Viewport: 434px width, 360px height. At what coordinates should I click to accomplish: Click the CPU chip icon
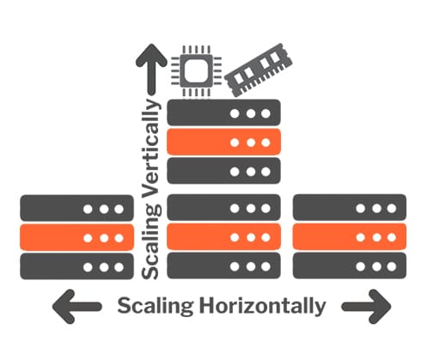tap(197, 70)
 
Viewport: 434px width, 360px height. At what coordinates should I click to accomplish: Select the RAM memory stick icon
tap(258, 70)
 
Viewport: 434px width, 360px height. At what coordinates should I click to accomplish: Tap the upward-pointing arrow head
tap(151, 56)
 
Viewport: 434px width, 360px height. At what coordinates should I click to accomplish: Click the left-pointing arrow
tap(76, 307)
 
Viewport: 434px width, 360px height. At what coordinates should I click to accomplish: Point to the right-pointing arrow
tap(366, 307)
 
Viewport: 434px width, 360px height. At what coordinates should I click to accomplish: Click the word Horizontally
tap(263, 307)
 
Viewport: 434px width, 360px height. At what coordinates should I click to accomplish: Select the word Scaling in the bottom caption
tap(156, 307)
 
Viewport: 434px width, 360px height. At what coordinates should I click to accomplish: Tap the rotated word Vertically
tap(151, 148)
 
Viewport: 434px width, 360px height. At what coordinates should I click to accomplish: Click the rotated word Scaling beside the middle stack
tap(151, 241)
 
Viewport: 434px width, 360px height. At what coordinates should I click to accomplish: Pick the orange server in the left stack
tap(76, 237)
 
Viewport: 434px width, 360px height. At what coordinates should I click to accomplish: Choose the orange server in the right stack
tap(350, 237)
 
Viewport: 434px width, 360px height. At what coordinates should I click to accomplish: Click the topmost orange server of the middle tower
tap(223, 142)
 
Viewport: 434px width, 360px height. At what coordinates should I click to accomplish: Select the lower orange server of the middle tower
tap(223, 237)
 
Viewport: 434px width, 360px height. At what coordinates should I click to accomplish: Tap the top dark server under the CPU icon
tap(223, 113)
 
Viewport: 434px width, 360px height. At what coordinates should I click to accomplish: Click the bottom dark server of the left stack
tap(76, 266)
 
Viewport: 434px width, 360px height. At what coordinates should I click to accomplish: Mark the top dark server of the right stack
tap(350, 208)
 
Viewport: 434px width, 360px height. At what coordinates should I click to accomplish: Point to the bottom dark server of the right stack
tap(350, 265)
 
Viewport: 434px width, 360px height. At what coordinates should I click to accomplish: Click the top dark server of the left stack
tap(76, 208)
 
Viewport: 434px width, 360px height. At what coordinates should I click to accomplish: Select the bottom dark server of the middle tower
tap(223, 265)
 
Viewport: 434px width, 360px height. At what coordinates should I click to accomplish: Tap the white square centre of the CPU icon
tap(196, 70)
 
